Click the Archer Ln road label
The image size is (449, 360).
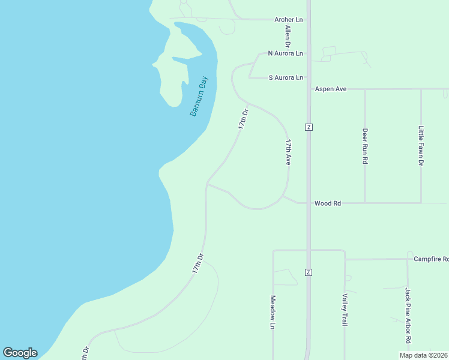pyautogui.click(x=289, y=20)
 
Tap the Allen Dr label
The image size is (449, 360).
pyautogui.click(x=288, y=37)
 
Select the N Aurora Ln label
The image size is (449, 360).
pyautogui.click(x=285, y=53)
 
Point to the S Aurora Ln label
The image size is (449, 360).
pyautogui.click(x=286, y=77)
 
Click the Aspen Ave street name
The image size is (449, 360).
pyautogui.click(x=331, y=89)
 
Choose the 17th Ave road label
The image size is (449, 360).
pyautogui.click(x=289, y=152)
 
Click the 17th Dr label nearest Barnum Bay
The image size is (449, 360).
pyautogui.click(x=243, y=119)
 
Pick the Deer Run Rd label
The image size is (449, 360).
pyautogui.click(x=365, y=146)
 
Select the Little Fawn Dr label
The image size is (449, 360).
pyautogui.click(x=421, y=146)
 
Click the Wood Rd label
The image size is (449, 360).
pyautogui.click(x=328, y=203)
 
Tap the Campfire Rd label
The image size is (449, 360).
pyautogui.click(x=431, y=259)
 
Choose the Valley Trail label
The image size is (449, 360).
pyautogui.click(x=345, y=310)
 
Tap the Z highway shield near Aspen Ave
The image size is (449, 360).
pyautogui.click(x=309, y=127)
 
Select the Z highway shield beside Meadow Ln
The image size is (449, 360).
pyautogui.click(x=309, y=272)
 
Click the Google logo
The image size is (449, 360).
pyautogui.click(x=20, y=353)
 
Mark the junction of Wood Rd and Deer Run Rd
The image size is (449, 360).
pyautogui.click(x=365, y=203)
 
